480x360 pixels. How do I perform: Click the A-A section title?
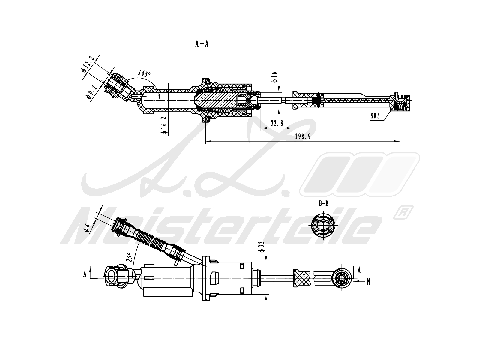coord(202,44)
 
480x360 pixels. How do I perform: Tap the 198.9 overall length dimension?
coord(303,136)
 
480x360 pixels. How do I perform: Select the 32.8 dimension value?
coord(277,123)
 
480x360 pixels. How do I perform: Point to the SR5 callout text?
coord(375,115)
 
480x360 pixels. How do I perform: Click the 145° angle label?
coord(144,73)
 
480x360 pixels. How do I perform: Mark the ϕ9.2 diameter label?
coord(92,92)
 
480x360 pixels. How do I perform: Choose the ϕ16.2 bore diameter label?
coord(164,125)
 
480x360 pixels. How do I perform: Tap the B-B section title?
coord(324,203)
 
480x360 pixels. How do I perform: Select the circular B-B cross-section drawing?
coord(323,225)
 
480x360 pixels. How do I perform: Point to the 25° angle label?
coord(129,257)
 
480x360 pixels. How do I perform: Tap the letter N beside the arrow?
coord(369,282)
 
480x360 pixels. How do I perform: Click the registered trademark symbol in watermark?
coord(403,212)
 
